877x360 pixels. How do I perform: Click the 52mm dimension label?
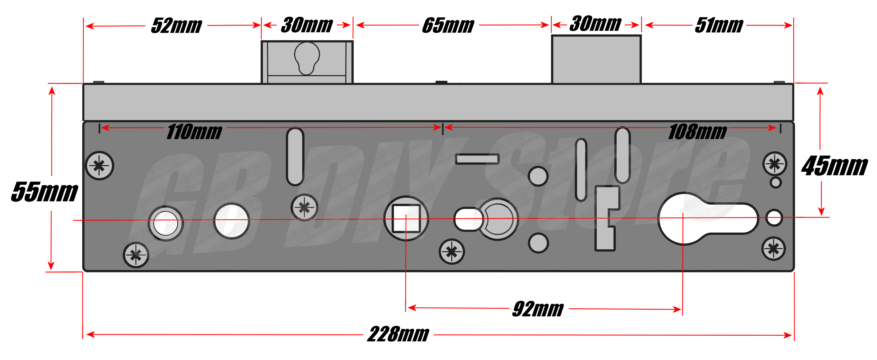click(x=176, y=26)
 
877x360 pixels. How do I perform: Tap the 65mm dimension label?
click(x=448, y=26)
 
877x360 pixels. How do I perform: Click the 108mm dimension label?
click(x=697, y=132)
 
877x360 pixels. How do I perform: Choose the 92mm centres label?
click(x=538, y=309)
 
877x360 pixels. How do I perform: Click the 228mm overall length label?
click(x=398, y=334)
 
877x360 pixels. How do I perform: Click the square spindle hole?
click(x=406, y=218)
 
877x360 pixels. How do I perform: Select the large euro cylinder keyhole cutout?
click(x=708, y=219)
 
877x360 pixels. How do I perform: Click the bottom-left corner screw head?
click(x=136, y=255)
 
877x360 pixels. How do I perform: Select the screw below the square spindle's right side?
click(x=452, y=252)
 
